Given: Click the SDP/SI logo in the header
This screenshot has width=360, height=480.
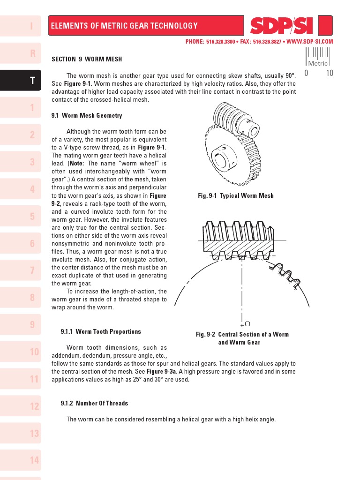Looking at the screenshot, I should point(281,26).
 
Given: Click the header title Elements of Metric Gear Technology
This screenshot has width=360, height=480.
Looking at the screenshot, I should point(124,26).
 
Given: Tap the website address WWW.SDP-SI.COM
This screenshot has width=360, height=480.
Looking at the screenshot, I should point(309,42).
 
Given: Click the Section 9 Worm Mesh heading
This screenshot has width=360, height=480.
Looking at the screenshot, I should point(87,59).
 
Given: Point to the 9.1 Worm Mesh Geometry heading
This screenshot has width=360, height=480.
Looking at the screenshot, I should point(87,115).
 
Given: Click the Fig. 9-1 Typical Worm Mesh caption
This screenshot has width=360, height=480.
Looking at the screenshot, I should point(236,195).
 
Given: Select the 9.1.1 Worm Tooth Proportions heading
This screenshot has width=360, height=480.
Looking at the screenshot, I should point(101,331).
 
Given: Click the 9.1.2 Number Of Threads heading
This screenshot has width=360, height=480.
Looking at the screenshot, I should point(94,403).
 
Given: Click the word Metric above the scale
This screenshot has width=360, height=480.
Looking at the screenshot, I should point(317,63).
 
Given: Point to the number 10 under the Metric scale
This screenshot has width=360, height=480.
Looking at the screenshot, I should point(329,73).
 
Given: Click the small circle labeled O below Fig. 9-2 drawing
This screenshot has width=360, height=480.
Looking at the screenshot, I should point(247,323).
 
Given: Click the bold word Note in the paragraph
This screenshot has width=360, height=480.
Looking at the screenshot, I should point(78,163).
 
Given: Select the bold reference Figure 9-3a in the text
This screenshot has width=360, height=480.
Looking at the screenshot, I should point(162,371).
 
